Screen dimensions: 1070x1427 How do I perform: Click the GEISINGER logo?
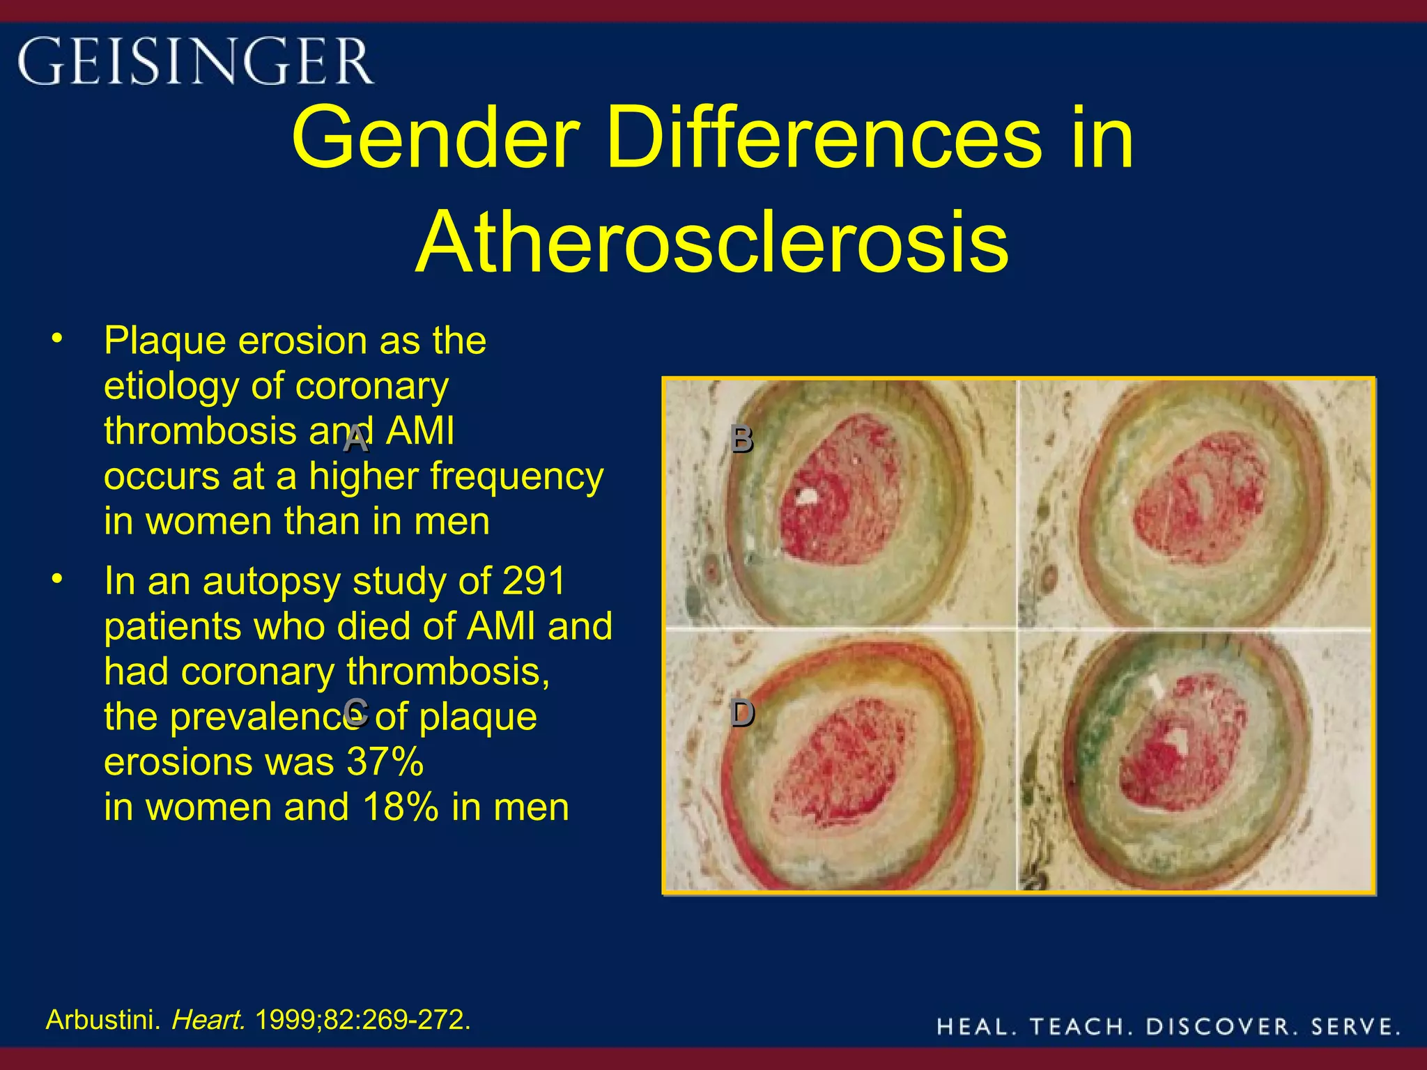195,61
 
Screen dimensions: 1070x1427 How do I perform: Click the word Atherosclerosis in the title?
712,242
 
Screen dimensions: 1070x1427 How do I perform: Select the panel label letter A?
356,440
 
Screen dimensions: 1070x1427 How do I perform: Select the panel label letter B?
742,440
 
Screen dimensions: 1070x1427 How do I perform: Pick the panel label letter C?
356,712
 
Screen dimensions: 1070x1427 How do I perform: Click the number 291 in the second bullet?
533,581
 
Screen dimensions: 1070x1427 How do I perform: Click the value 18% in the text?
401,807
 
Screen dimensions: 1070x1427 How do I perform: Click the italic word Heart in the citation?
208,1020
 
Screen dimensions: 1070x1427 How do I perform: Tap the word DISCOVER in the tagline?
1222,1026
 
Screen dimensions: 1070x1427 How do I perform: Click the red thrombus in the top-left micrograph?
836,498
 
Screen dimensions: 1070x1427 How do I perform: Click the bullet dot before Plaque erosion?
57,339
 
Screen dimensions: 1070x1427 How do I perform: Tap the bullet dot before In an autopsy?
57,579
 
